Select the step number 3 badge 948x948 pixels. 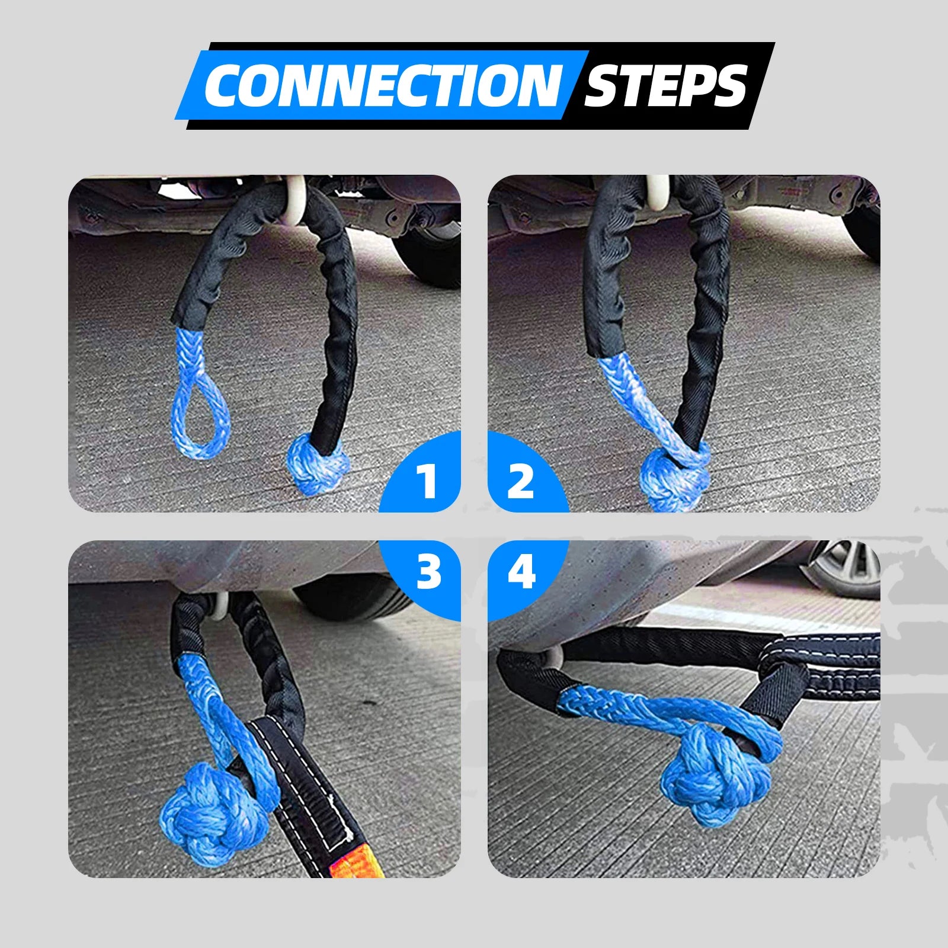(428, 572)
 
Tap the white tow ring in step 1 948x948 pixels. (294, 204)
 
